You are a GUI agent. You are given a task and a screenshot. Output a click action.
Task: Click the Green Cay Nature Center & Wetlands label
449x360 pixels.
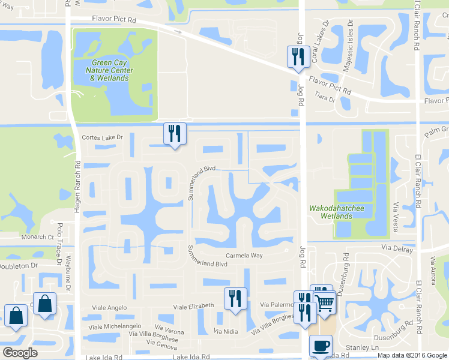[112, 70]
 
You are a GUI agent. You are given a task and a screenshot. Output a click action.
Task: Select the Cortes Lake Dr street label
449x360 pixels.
[102, 137]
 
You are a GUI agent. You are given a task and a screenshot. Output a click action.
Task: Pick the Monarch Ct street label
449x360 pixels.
[38, 237]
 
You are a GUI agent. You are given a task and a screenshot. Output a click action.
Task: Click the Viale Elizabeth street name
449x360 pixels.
[193, 306]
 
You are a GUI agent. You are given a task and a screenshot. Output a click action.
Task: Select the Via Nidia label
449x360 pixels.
[225, 331]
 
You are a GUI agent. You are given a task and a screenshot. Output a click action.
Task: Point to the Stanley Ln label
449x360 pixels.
[363, 347]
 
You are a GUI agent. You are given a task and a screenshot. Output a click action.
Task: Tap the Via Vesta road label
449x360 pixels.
[396, 214]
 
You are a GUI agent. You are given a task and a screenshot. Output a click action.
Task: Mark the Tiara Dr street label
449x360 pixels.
[324, 100]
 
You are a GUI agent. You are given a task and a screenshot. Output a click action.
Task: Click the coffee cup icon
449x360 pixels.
[320, 346]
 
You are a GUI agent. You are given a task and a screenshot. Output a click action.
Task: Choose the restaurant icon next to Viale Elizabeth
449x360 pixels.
[235, 298]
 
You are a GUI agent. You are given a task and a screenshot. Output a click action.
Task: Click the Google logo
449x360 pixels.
[20, 353]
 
